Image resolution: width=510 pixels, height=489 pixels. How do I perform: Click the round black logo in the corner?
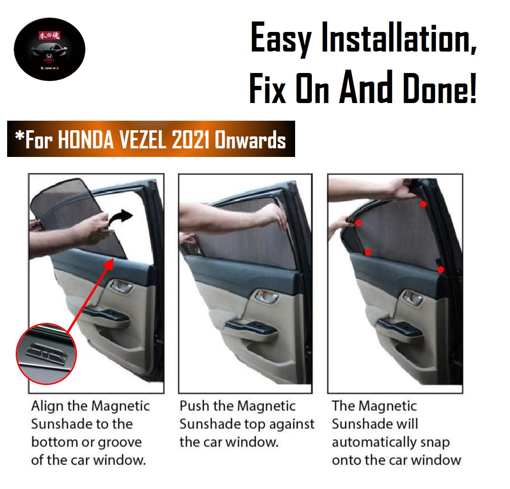tap(50, 50)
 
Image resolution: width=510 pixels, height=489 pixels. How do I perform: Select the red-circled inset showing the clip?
tap(47, 354)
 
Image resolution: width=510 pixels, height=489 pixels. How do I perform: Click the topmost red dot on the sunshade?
tap(423, 204)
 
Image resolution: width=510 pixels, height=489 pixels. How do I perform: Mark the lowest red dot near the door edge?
tap(441, 270)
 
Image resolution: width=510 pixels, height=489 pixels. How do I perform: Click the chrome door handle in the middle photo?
tap(266, 296)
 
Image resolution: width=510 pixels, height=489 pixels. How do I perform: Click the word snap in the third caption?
tap(435, 442)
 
